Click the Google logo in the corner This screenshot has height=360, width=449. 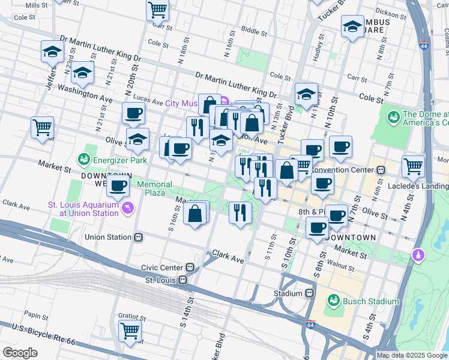tap(20, 353)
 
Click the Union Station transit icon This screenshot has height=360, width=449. tap(139, 237)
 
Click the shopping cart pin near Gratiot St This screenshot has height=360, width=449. tap(130, 331)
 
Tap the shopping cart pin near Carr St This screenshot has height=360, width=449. tap(157, 9)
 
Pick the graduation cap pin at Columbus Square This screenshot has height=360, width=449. tap(352, 25)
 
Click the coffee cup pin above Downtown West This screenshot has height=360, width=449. tap(118, 185)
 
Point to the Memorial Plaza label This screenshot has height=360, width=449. tap(154, 188)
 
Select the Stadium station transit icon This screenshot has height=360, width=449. tap(310, 293)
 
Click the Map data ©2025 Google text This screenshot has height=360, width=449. tap(411, 355)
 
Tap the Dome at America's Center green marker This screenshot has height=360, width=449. tap(394, 115)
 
